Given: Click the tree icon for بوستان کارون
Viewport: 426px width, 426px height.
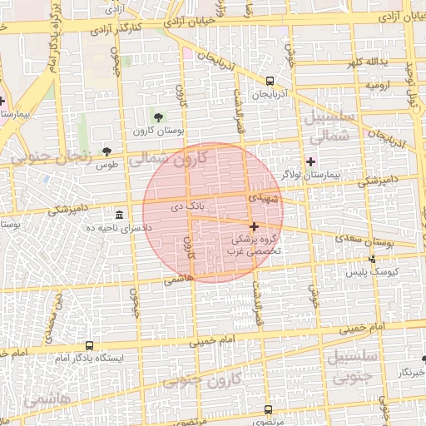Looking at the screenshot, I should [159, 116].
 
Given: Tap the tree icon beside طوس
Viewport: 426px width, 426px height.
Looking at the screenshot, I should [106, 151].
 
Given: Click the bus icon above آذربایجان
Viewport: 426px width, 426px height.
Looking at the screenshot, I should [270, 82].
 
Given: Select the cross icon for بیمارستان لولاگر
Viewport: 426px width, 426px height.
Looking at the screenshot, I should [311, 161].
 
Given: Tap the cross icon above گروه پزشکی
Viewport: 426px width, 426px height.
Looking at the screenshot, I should [254, 226].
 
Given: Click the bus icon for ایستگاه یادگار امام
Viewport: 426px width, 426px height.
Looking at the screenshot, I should [89, 345].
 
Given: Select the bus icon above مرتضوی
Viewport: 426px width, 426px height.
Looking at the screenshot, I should [268, 409].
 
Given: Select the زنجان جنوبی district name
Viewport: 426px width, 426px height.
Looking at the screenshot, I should [54, 155].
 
